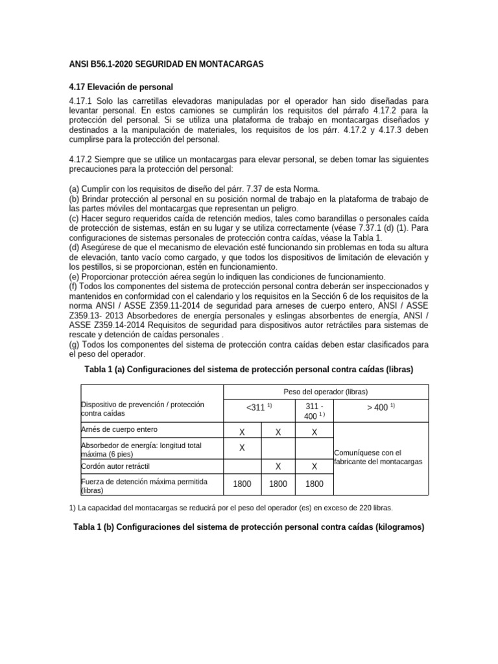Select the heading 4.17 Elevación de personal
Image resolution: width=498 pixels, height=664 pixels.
pyautogui.click(x=121, y=87)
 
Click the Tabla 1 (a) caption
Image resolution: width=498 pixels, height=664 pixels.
pyautogui.click(x=248, y=369)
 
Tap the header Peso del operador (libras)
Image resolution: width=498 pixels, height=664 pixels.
pyautogui.click(x=326, y=392)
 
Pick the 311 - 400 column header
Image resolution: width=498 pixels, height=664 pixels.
pyautogui.click(x=314, y=410)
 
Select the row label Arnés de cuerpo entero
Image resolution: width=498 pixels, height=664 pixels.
pyautogui.click(x=119, y=429)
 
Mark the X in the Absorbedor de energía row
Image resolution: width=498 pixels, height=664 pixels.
pyautogui.click(x=242, y=448)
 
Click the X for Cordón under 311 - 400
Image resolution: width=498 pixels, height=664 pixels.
pyautogui.click(x=314, y=466)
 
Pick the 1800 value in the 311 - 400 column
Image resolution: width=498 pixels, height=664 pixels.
pyautogui.click(x=314, y=484)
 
